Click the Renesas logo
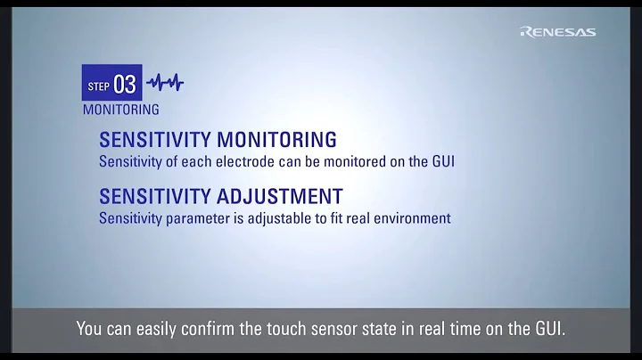point(557,32)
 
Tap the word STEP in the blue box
point(98,86)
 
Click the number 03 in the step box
point(125,84)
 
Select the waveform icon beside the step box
point(165,83)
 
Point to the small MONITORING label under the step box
point(120,110)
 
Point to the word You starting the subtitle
point(90,330)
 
